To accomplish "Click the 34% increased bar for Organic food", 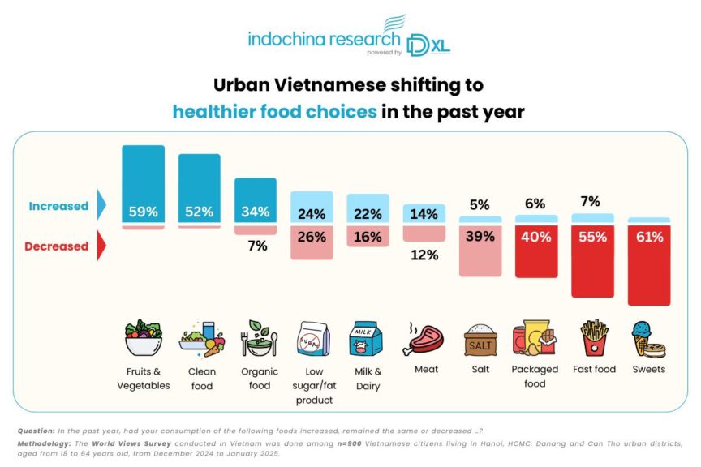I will pos(255,201).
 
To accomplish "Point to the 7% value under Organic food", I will pos(256,246).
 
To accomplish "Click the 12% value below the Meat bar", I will pos(425,255).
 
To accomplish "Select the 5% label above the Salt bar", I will pos(480,204).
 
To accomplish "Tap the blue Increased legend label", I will pos(58,206).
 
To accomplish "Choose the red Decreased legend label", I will pos(58,246).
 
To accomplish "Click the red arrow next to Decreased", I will pos(101,246).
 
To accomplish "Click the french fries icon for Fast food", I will pos(594,337).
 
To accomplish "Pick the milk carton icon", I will pos(363,339).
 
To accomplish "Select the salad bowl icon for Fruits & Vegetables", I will pos(143,339).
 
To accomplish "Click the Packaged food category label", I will pos(535,376).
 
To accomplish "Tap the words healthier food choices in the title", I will pos(274,111).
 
